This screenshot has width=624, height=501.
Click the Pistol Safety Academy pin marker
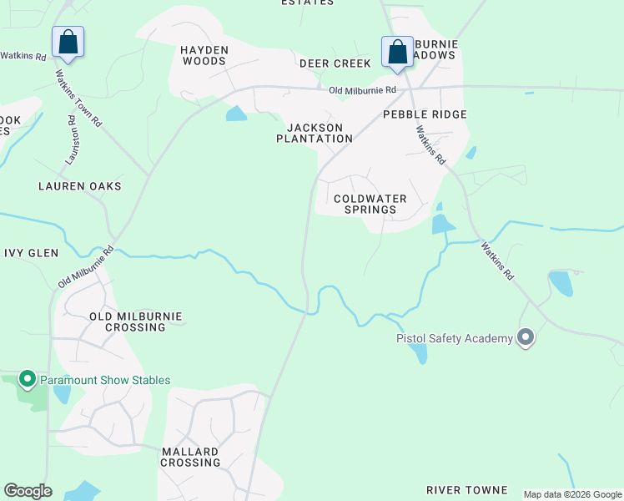526,337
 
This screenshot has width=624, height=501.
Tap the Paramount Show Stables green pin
27,380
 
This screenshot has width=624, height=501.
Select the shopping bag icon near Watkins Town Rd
68,42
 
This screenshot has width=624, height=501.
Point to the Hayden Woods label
204,55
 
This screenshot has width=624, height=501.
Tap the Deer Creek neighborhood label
335,63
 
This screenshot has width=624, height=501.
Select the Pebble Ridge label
425,114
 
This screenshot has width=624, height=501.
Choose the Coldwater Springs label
370,204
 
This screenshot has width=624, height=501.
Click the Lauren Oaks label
80,186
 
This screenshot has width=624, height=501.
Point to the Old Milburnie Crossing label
135,321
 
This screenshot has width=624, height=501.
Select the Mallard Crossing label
190,456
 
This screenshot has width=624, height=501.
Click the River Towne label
466,489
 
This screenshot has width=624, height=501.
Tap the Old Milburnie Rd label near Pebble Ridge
362,90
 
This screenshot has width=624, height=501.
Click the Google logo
28,491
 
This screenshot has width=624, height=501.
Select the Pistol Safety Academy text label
454,338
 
